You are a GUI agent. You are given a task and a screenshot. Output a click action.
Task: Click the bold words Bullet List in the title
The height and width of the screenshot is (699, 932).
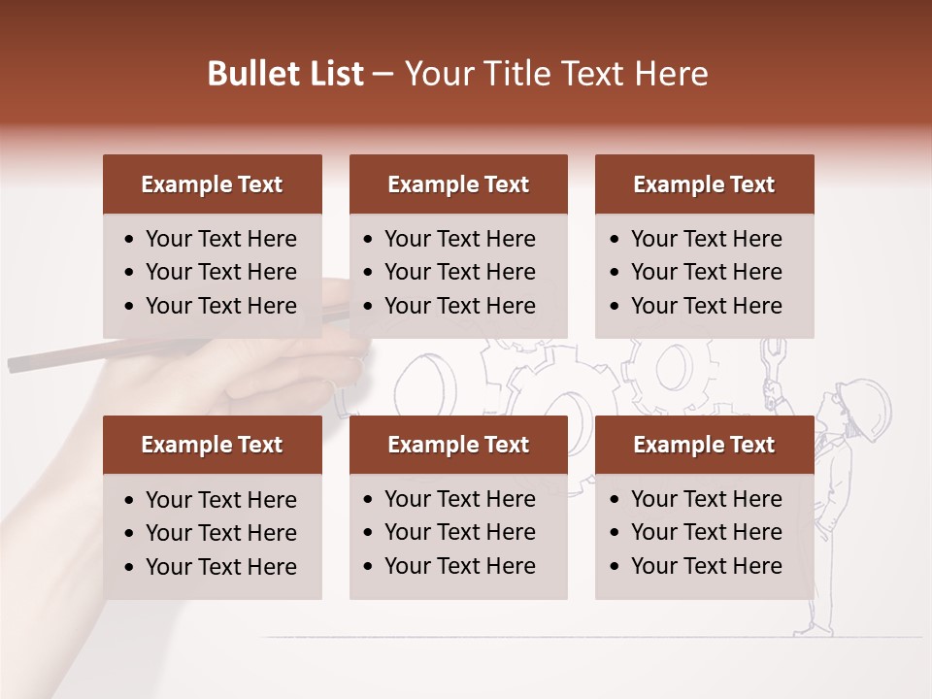tap(285, 74)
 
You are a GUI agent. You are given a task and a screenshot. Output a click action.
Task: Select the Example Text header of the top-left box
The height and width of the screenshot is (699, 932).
tap(212, 184)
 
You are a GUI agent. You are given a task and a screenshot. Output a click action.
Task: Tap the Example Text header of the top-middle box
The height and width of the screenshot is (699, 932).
tap(458, 184)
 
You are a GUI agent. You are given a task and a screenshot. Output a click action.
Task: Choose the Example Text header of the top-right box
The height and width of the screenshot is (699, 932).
tap(704, 184)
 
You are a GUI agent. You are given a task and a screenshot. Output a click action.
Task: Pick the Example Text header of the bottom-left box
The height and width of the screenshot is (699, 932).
tap(212, 445)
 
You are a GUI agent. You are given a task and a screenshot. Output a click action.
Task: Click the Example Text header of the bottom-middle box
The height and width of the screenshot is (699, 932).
tap(458, 445)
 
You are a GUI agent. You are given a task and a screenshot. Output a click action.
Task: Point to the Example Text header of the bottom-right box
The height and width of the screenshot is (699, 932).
tap(704, 445)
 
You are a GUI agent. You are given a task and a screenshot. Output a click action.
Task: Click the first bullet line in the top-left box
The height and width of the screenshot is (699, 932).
tap(220, 239)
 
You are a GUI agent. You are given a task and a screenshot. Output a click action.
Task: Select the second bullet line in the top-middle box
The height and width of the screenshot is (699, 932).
tap(459, 272)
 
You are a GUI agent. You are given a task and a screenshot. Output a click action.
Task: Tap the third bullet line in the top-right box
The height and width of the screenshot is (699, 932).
tap(706, 306)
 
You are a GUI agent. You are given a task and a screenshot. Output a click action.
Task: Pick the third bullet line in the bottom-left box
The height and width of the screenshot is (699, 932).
tap(220, 567)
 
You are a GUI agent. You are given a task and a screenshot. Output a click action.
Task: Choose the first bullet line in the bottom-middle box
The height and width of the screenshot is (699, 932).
tap(459, 499)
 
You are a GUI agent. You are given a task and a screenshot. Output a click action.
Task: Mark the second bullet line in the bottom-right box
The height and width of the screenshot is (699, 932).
tap(706, 532)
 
